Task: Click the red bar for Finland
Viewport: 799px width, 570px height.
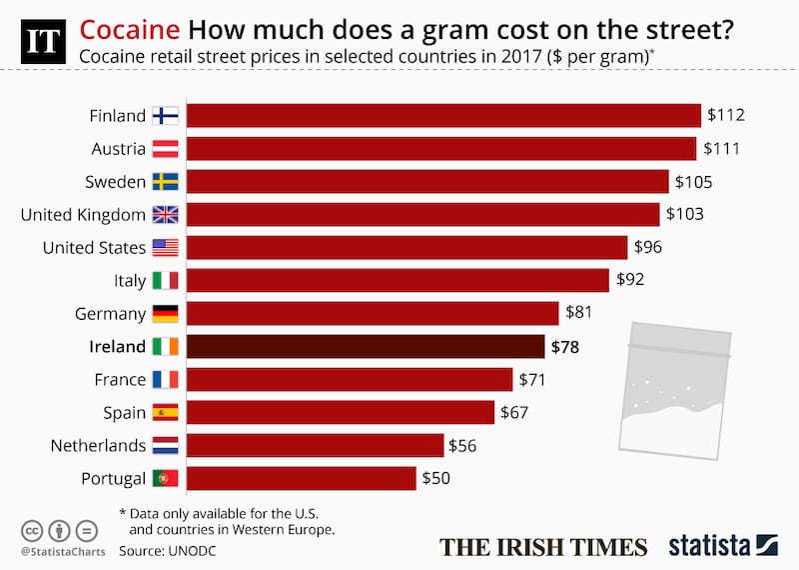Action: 443,115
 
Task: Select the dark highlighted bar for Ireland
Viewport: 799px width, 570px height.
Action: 367,346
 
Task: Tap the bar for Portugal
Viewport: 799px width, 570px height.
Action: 302,478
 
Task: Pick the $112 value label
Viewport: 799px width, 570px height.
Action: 726,115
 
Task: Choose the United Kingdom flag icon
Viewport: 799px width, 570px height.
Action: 165,214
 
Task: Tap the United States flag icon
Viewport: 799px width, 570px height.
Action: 165,247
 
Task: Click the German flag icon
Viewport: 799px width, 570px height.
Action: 165,313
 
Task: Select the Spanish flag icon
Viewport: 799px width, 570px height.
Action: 165,412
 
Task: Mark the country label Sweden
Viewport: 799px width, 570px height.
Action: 117,181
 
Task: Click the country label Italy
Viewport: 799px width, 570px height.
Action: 129,280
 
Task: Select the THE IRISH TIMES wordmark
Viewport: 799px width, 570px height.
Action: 543,546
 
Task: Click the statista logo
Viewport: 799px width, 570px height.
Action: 721,545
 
